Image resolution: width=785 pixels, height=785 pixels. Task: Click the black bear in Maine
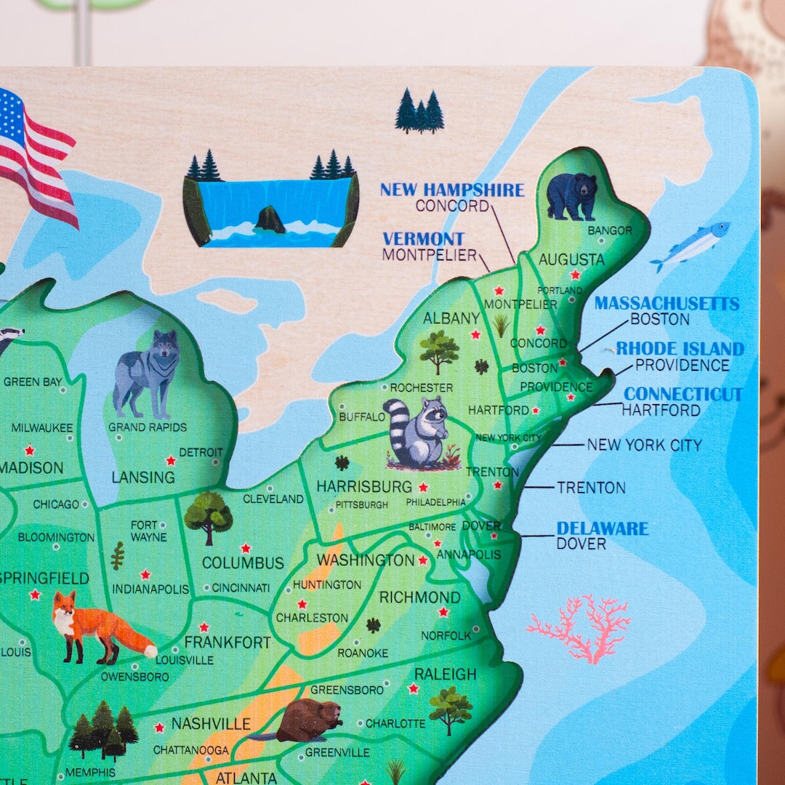(571, 196)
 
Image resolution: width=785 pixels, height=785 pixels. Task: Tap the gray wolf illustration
(148, 372)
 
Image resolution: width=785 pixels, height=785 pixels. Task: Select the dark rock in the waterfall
(270, 219)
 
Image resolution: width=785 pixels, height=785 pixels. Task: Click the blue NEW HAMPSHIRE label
(451, 190)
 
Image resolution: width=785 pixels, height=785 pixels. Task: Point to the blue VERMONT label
(423, 238)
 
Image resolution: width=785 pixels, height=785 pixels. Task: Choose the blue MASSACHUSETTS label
(667, 303)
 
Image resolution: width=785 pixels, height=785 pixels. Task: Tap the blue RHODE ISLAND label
(680, 349)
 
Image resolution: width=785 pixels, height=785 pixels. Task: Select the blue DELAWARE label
(603, 528)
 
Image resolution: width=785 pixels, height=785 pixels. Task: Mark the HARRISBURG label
(363, 486)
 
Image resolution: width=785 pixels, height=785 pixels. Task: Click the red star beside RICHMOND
(443, 612)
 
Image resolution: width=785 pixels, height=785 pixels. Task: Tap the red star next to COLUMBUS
(246, 547)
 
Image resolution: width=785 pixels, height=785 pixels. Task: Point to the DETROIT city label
(201, 452)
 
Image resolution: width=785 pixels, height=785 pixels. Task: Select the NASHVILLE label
(211, 724)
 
